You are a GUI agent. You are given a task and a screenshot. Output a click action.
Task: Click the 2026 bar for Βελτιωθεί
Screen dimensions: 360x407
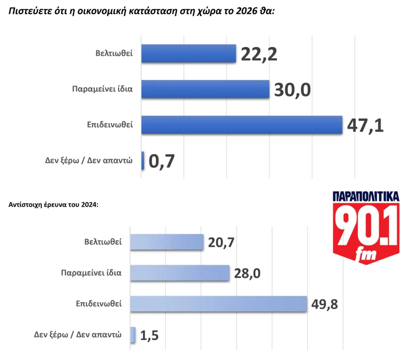189,53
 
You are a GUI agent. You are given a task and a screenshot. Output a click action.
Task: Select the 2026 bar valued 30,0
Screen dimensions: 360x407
205,89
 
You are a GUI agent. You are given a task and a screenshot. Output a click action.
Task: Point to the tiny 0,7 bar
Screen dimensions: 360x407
143,160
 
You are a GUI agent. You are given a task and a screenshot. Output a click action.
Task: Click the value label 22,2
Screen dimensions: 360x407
259,54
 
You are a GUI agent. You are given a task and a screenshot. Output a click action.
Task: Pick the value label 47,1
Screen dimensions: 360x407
365,125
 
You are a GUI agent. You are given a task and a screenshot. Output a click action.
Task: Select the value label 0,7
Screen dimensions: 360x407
162,161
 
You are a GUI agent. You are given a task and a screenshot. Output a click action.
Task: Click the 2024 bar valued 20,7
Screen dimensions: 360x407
167,242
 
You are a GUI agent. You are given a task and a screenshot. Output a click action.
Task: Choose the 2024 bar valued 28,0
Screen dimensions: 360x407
180,273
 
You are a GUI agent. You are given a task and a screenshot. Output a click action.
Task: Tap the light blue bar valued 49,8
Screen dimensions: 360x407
218,304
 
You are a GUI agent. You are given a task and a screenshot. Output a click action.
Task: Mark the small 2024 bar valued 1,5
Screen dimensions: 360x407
133,335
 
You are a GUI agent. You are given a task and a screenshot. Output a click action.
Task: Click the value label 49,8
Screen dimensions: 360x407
324,304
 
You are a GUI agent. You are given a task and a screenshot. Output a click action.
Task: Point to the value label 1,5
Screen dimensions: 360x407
149,335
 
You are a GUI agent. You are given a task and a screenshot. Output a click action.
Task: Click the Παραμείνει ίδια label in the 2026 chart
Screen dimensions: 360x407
102,89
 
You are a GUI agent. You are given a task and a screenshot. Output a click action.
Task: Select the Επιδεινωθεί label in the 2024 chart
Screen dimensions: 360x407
99,304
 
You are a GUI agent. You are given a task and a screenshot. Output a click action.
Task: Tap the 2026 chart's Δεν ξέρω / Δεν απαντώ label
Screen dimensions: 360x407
89,161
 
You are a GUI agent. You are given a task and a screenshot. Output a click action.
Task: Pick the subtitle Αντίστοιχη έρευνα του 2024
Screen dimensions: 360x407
53,205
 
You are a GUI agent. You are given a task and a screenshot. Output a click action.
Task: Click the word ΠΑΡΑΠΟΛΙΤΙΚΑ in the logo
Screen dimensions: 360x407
366,196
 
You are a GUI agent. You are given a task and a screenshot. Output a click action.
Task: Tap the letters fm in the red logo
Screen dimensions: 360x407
366,254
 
